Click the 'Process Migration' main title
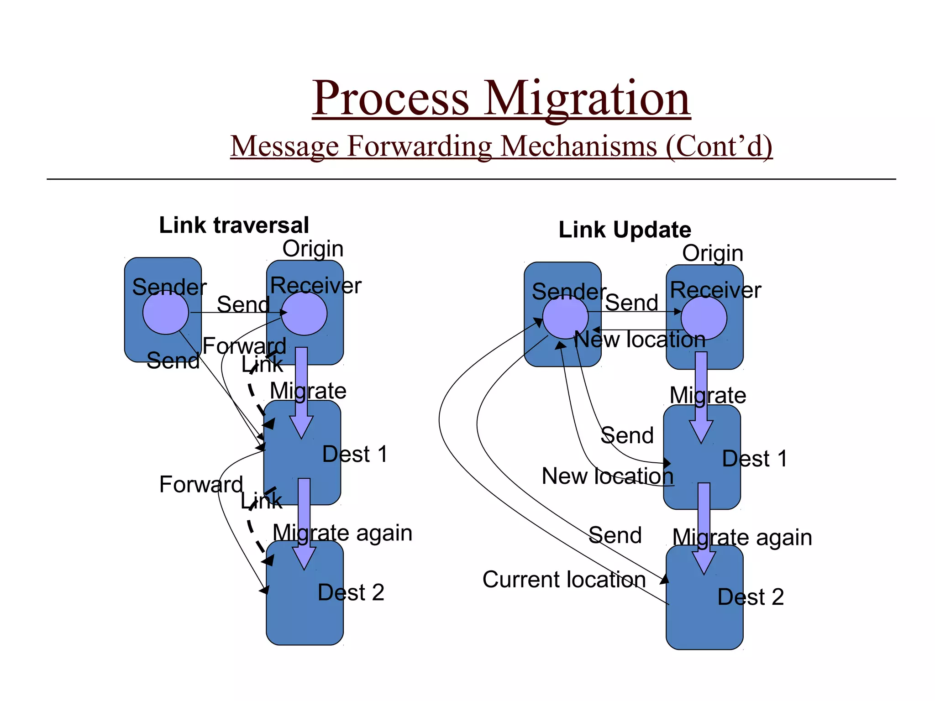tap(501, 98)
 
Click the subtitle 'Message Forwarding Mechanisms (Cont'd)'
tap(501, 146)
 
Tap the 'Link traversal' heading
tap(234, 225)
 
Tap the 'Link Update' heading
tap(625, 230)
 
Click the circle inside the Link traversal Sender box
tap(165, 313)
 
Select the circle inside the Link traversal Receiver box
tap(304, 314)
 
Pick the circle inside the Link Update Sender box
tap(565, 317)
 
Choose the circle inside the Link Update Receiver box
tap(704, 318)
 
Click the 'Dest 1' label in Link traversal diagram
tap(355, 454)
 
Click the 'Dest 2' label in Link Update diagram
tap(751, 597)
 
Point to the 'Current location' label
tap(564, 580)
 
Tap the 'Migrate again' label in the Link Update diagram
tap(742, 537)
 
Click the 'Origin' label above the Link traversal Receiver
tap(313, 249)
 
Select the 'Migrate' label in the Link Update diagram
tap(708, 395)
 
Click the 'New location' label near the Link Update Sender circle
tap(639, 340)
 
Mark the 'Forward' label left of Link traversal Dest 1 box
tap(201, 484)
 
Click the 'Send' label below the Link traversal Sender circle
tap(173, 361)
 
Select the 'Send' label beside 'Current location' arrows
tap(615, 535)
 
